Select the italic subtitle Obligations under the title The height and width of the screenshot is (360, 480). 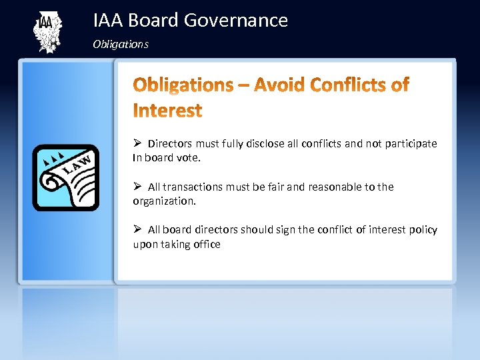coord(121,45)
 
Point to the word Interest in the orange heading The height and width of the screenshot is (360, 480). coord(167,110)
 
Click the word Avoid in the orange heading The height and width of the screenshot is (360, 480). coord(278,85)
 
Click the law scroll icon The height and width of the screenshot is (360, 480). coord(65,177)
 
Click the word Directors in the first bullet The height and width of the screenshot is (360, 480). coord(170,143)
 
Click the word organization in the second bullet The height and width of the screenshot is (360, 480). coord(163,201)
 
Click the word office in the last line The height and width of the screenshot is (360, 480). coord(207,245)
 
